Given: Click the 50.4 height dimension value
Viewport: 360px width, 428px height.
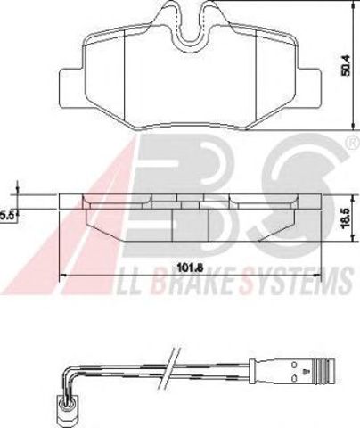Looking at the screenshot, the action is click(347, 65).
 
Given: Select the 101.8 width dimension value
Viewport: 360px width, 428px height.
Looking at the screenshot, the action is click(190, 267).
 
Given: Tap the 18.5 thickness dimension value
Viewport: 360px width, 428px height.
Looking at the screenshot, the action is click(346, 218).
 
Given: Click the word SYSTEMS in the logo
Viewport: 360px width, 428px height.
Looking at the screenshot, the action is click(298, 280).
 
